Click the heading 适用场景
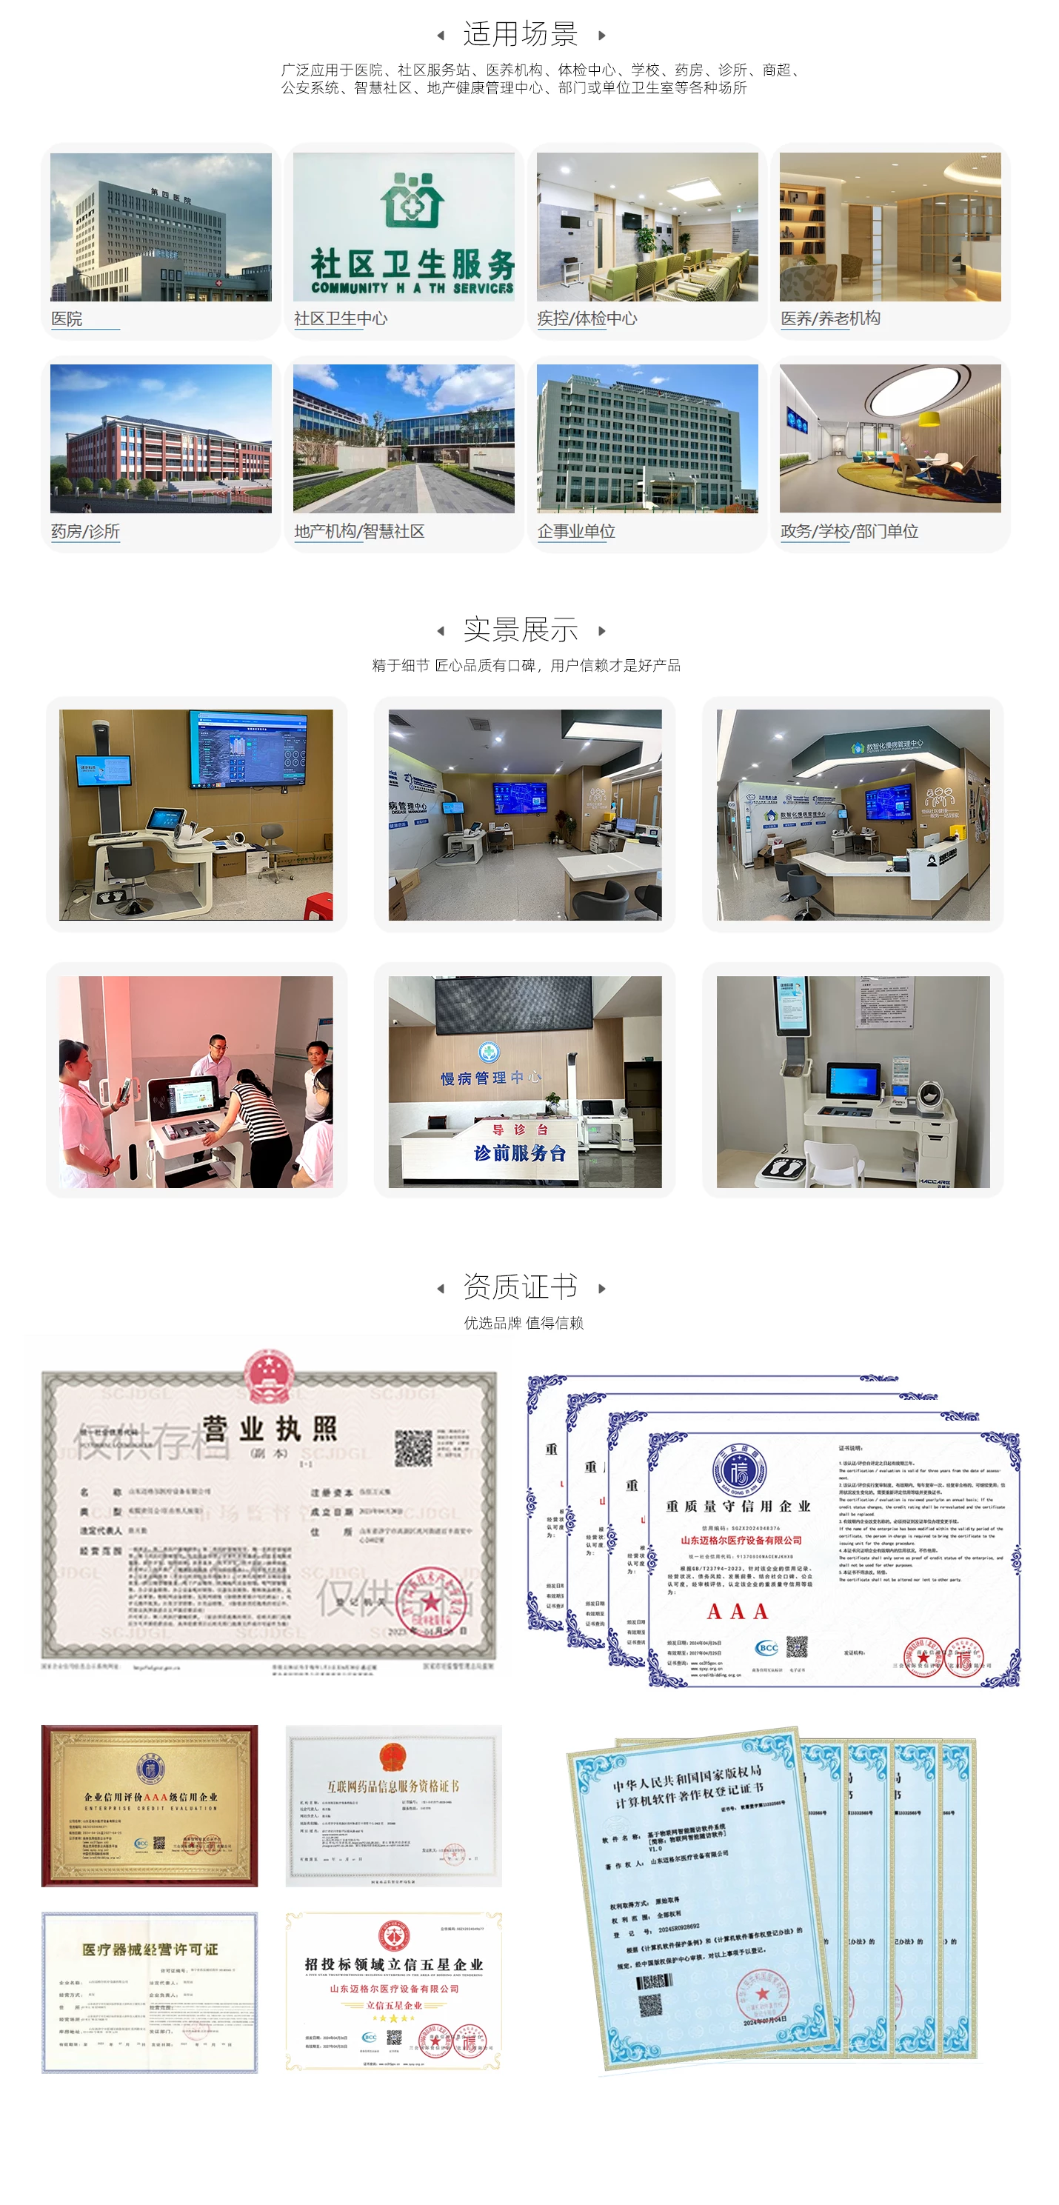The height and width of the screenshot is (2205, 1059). point(520,34)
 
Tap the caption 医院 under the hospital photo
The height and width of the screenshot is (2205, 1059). point(67,318)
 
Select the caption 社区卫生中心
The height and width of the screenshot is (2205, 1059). point(340,318)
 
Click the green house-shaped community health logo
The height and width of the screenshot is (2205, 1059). point(412,199)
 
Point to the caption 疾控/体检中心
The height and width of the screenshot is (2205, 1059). point(587,318)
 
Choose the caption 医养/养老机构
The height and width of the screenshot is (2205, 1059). point(829,318)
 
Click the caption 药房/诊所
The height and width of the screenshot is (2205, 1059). point(84,532)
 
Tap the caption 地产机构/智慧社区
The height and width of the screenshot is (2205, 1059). point(358,532)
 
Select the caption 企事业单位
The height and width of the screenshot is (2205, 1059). point(576,532)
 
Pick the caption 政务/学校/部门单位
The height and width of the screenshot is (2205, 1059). point(849,532)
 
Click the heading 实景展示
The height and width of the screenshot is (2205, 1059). point(520,630)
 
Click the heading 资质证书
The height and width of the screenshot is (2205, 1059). point(520,1287)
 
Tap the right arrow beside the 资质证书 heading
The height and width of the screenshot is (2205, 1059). point(602,1288)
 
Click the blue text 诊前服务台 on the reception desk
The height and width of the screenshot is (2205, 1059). point(520,1153)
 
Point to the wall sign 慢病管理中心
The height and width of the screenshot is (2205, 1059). point(490,1078)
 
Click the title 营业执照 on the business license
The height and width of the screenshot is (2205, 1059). point(270,1429)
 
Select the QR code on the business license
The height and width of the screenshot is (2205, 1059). point(412,1447)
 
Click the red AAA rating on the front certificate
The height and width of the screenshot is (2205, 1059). point(736,1612)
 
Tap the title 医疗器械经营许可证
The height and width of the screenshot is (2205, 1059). point(150,1949)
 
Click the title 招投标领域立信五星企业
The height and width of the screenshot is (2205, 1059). point(394,1964)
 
